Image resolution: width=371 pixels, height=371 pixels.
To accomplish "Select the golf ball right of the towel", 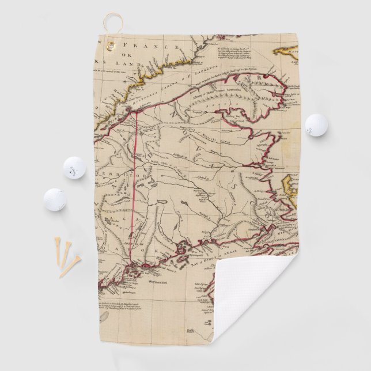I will coord(315,124).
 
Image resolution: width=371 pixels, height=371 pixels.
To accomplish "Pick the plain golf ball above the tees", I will coord(55,199).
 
